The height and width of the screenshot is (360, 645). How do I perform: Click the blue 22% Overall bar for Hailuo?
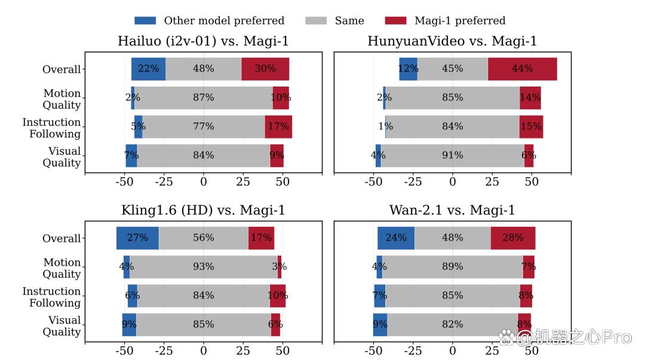click(149, 69)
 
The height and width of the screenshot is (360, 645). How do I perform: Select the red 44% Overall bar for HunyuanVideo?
click(523, 69)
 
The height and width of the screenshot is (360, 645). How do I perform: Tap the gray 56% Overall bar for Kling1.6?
click(204, 238)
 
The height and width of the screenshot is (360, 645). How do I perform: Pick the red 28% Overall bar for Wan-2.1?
click(513, 238)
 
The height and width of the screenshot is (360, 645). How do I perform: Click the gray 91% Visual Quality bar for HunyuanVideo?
click(453, 155)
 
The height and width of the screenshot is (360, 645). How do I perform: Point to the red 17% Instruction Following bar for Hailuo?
click(278, 127)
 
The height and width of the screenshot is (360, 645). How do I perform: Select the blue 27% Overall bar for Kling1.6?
click(137, 238)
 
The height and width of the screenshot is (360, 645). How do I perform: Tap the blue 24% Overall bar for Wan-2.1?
click(396, 238)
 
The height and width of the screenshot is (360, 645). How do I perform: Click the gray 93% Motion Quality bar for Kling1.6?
click(204, 267)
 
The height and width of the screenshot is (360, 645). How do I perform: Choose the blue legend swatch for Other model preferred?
click(145, 20)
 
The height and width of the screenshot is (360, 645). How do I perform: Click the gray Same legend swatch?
click(316, 20)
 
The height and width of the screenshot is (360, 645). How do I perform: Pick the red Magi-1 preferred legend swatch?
click(396, 20)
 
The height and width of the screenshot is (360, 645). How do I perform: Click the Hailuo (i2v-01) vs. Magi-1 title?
click(203, 41)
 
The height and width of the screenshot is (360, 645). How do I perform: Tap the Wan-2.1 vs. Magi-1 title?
click(452, 210)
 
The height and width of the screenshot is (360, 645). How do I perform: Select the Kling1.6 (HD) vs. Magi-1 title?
click(203, 210)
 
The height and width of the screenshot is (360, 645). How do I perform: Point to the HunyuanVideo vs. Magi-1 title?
click(452, 41)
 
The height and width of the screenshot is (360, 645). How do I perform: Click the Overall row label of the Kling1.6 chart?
click(62, 238)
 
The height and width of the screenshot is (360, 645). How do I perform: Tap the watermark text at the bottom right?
click(566, 337)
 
